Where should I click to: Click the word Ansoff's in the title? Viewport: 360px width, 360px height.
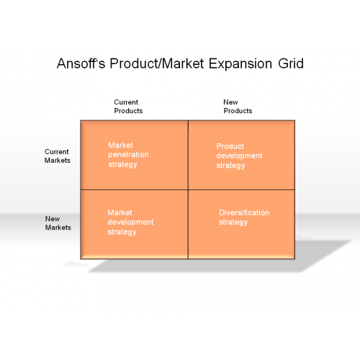[81, 63]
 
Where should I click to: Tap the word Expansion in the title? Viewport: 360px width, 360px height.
[240, 64]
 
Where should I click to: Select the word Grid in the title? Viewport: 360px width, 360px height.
[291, 63]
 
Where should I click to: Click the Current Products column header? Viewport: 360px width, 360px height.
[128, 107]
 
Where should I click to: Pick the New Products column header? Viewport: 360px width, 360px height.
[238, 107]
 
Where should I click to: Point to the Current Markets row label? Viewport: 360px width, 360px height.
[58, 156]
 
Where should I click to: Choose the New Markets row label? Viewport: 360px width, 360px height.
[58, 223]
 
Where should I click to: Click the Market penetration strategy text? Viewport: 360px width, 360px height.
[128, 155]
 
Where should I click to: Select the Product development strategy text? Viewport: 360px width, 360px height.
[239, 156]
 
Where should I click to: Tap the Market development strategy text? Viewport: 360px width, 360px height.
[130, 222]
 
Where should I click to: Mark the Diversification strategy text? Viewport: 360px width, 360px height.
[244, 217]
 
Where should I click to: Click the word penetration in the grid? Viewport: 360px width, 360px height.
[128, 155]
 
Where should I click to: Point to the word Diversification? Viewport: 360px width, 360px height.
[244, 212]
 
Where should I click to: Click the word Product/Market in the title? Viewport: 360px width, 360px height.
[157, 63]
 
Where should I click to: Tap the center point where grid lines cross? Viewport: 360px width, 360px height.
[188, 189]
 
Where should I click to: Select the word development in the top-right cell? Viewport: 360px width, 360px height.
[239, 156]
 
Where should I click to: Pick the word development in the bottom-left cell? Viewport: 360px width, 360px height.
[130, 222]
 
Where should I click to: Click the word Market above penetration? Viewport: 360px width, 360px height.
[120, 145]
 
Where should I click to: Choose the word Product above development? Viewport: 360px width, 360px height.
[230, 146]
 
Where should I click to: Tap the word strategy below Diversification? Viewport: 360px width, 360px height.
[233, 222]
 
